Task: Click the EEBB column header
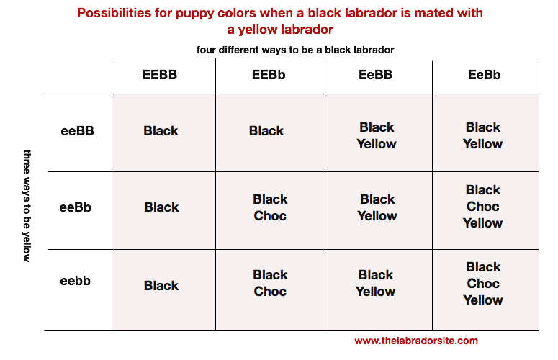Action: point(160,75)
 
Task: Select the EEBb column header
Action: point(269,75)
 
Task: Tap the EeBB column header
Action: point(375,75)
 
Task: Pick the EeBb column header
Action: point(485,75)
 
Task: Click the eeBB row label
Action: point(77,131)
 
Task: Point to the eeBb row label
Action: point(76,207)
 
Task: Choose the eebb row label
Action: point(76,281)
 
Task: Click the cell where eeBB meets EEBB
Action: point(163,132)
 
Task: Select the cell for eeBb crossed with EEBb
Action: point(269,210)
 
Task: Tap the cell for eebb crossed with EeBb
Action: point(486,290)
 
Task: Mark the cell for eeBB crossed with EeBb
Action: point(486,132)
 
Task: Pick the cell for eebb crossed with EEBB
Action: point(163,290)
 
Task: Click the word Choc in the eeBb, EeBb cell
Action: point(483,207)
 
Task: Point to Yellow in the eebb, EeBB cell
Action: point(375,292)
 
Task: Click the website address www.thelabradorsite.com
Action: point(416,341)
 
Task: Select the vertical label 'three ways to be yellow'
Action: point(27,206)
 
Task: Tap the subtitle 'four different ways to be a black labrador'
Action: point(295,50)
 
